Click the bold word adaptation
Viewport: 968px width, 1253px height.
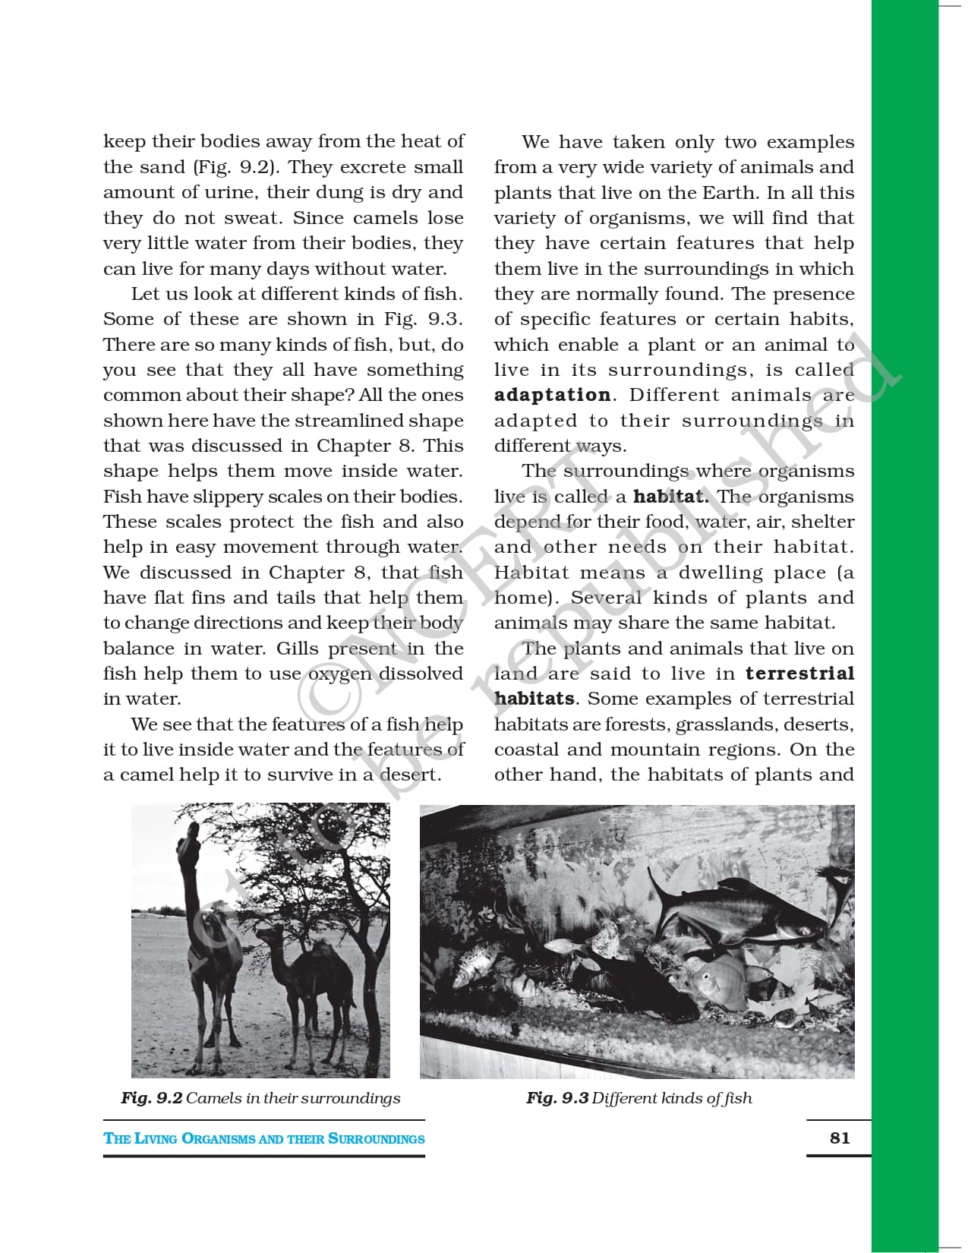552,396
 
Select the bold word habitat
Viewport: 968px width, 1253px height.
670,497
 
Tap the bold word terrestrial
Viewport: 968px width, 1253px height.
799,674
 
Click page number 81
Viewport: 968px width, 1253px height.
840,1138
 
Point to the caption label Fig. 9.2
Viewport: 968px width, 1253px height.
152,1098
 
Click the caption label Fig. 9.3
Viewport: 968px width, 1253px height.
557,1098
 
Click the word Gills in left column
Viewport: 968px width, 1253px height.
298,649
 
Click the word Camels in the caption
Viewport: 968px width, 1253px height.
213,1098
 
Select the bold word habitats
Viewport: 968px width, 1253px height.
534,699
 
